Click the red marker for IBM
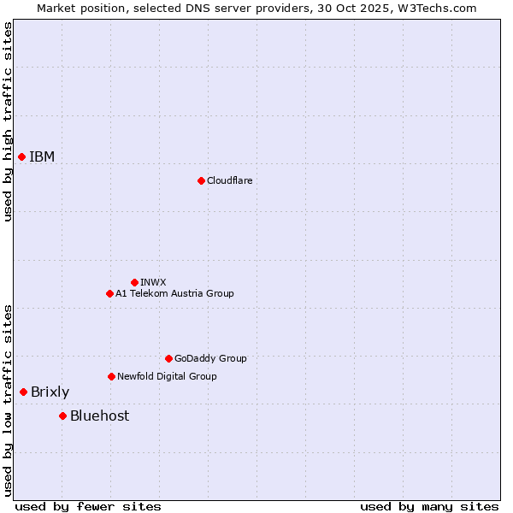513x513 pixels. [x=21, y=156]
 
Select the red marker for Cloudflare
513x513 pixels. [x=201, y=180]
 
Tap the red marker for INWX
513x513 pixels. [x=134, y=282]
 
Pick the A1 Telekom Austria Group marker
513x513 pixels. [x=109, y=293]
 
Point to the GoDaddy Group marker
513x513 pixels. [x=168, y=358]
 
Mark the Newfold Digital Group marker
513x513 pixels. [x=111, y=376]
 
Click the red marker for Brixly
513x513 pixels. [x=23, y=392]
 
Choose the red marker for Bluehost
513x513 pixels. [x=62, y=416]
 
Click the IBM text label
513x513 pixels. [x=42, y=156]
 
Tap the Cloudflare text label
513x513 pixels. [x=229, y=180]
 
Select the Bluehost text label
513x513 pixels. [x=99, y=416]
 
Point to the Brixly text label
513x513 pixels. [x=50, y=392]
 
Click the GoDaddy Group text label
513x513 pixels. [x=210, y=358]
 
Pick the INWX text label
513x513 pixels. [x=153, y=282]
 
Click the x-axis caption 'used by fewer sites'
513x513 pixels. [x=88, y=506]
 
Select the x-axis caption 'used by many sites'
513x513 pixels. [x=429, y=506]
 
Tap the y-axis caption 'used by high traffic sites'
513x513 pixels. [x=8, y=121]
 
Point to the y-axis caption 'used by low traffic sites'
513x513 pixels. [x=8, y=400]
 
